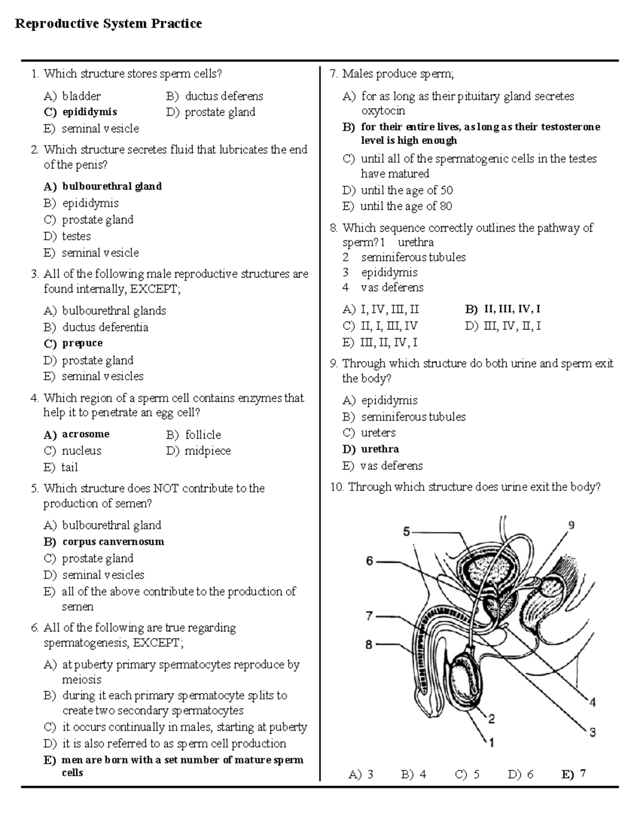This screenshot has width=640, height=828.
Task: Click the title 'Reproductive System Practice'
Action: [108, 24]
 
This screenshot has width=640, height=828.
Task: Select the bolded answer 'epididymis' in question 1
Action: [89, 112]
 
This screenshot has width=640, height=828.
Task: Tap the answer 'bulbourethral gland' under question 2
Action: [111, 186]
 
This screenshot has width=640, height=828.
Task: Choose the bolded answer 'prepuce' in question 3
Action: [82, 343]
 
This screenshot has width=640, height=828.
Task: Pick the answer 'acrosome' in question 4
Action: [85, 434]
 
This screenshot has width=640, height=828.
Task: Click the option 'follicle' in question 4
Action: [203, 435]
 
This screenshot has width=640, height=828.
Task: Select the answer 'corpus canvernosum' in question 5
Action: [113, 542]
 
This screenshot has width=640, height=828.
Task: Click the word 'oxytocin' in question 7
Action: [383, 111]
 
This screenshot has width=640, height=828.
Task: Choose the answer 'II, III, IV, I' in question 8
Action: [511, 309]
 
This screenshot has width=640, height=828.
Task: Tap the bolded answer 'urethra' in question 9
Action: [380, 449]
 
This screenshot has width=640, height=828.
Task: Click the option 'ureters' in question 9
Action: [378, 432]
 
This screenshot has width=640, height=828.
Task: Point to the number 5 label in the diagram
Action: [406, 532]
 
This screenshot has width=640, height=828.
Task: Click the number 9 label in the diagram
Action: [571, 525]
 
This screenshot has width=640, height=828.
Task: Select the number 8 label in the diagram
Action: [369, 645]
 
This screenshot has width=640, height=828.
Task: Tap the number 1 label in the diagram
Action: [492, 742]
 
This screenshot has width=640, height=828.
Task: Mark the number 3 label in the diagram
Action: [592, 733]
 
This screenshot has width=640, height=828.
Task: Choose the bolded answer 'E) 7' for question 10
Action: [574, 774]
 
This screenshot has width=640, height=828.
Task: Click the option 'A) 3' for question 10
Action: [361, 774]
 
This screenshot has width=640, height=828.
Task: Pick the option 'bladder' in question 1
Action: [81, 96]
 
